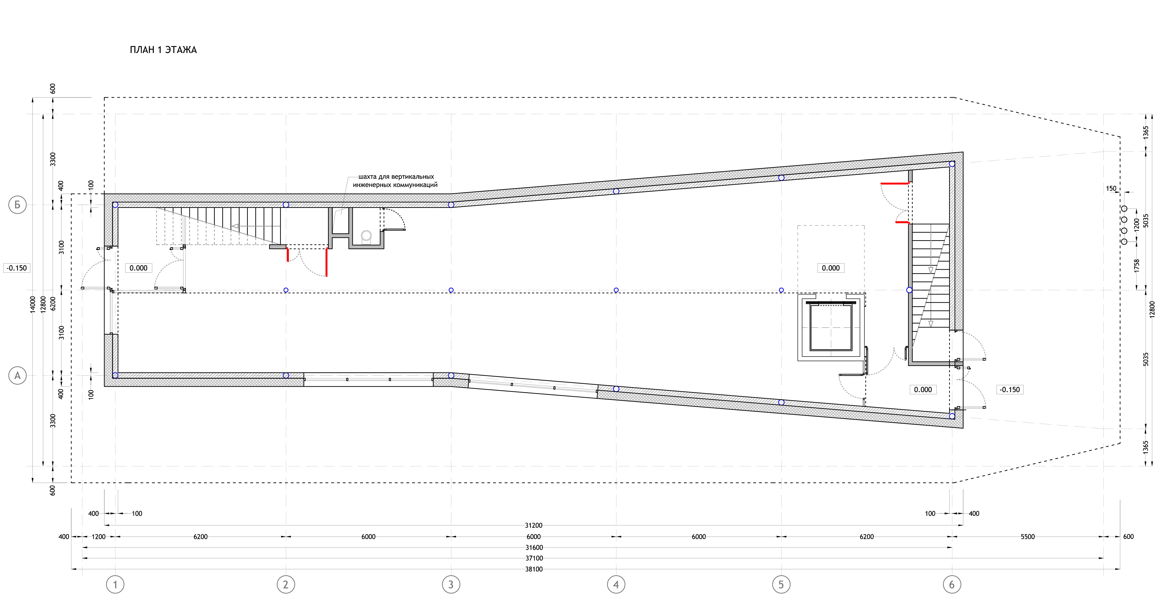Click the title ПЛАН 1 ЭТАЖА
(163, 50)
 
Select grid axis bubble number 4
(616, 585)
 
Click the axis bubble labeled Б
(17, 205)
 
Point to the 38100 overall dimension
(534, 569)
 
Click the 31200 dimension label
(534, 525)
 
